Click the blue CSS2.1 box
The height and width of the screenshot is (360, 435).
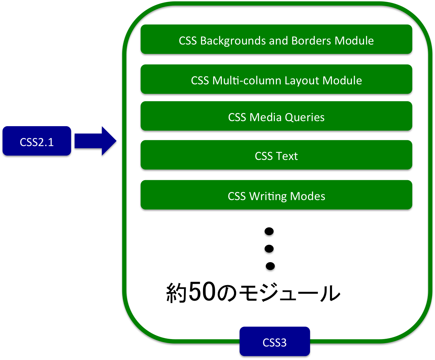36,142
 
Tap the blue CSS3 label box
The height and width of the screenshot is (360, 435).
275,342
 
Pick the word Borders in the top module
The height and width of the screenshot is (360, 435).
311,41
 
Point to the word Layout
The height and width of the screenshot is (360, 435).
302,81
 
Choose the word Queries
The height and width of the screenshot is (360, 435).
305,117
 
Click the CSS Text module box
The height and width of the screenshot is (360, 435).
276,156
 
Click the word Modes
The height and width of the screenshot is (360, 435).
308,196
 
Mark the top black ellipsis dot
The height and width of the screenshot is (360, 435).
269,232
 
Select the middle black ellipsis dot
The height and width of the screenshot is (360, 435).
269,250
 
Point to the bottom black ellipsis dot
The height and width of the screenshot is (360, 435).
270,267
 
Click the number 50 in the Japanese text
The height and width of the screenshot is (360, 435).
202,292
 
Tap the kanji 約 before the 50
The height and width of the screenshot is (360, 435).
176,293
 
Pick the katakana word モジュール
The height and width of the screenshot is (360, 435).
289,293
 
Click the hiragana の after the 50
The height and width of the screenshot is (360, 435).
227,293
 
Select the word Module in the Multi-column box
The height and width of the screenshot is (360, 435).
342,81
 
